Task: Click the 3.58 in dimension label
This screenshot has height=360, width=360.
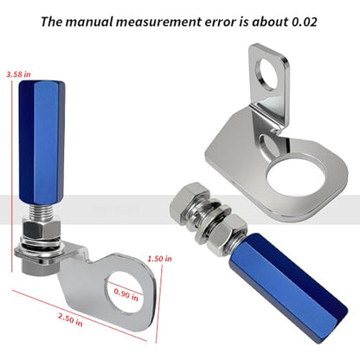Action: (x=18, y=74)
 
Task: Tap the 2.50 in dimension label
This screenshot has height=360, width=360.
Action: (x=70, y=319)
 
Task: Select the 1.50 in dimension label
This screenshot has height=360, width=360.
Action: (x=159, y=259)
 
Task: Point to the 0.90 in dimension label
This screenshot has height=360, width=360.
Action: (x=126, y=294)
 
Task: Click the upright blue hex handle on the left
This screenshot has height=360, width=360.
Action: (x=42, y=143)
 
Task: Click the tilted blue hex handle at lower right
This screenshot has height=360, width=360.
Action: (x=288, y=287)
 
